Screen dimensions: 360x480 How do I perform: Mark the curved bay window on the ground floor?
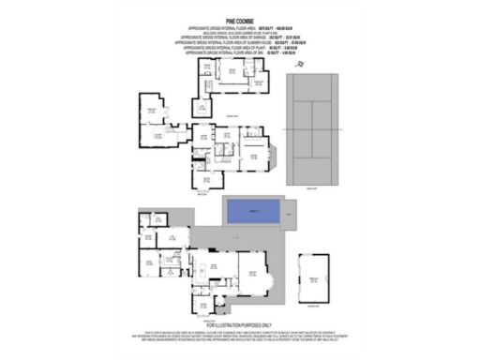click(x=269, y=277)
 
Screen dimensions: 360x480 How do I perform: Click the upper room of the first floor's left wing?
click(x=153, y=115)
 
